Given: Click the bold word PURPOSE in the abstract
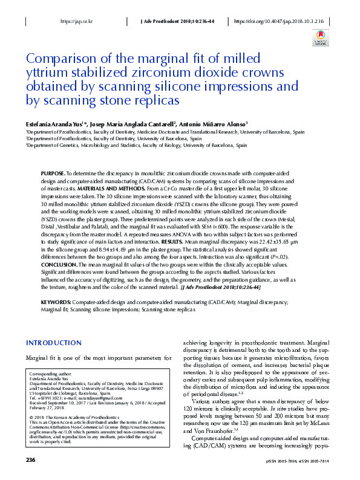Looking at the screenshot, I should pyautogui.click(x=54, y=173).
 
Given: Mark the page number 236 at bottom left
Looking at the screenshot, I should pyautogui.click(x=31, y=460).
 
